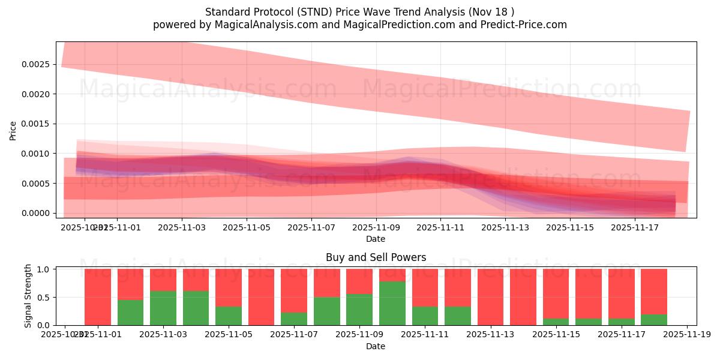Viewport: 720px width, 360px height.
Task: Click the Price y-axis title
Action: [13, 130]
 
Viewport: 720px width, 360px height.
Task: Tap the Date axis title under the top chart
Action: [376, 239]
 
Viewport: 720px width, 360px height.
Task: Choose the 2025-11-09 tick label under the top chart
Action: [376, 228]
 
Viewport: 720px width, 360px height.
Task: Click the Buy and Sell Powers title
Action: [376, 257]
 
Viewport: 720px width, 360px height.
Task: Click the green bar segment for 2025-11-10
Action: [392, 303]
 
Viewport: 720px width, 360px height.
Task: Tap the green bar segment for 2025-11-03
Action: [163, 308]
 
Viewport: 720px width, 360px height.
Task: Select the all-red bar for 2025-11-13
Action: [490, 297]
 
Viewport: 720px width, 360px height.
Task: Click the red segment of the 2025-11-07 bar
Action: [294, 290]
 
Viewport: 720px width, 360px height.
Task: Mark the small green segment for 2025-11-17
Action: [621, 322]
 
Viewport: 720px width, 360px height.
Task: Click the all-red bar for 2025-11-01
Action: [98, 297]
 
